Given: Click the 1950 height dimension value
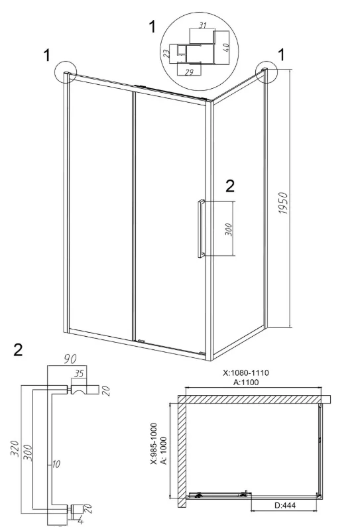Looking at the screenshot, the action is pos(283,204).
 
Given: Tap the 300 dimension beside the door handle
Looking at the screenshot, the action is pos(229,229).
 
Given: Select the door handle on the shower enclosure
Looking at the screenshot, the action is pos(201,229).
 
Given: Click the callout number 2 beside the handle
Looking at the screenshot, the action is pos(230,186).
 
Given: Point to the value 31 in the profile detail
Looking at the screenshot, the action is pos(202,25).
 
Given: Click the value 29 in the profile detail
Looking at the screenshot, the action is pos(189,72).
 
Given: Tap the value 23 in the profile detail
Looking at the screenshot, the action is pos(166,53).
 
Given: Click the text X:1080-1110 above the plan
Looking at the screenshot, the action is pos(246,373).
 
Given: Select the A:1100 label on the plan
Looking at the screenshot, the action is pos(246,382).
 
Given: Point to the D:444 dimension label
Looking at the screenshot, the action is pos(285,505).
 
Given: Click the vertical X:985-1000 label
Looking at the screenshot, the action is pos(154,443).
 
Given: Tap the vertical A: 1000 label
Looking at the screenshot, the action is pos(164,450).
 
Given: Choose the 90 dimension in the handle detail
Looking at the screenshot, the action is pos(70,359).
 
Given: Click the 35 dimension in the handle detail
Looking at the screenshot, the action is pos(79,374).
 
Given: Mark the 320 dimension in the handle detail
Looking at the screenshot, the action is pos(15,448).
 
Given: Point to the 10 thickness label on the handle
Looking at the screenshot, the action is pos(56,464).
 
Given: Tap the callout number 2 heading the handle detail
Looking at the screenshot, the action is pos(18,350).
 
